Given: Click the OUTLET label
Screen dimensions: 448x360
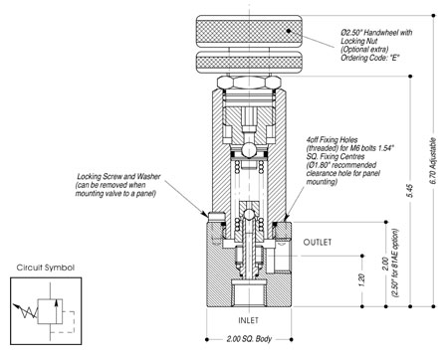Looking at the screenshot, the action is tap(318, 243).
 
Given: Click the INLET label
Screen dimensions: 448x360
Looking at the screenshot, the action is tap(248, 320).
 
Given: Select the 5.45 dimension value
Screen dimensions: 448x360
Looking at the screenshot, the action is tap(410, 191).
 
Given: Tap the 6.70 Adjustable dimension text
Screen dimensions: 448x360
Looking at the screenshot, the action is tap(433, 161).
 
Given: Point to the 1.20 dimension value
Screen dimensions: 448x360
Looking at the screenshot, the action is tap(362, 280).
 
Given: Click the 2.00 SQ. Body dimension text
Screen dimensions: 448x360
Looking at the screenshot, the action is tap(249, 339).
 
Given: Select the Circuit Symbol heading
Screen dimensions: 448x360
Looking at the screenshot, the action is tap(46, 268).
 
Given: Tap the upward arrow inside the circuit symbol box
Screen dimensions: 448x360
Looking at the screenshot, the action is tap(57, 311).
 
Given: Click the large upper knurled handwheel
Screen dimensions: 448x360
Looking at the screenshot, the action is tap(249, 31).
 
